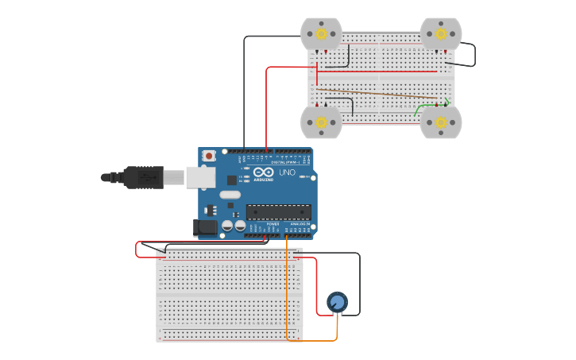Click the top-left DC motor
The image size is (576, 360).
click(321, 35)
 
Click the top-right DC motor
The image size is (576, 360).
click(441, 35)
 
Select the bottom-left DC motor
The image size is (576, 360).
click(321, 122)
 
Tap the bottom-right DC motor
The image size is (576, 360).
click(441, 122)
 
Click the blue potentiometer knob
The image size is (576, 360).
click(337, 302)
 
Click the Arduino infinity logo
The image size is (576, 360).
click(265, 172)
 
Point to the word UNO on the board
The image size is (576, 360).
click(286, 172)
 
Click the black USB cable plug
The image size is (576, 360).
click(143, 177)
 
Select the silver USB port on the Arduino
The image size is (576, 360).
click(201, 176)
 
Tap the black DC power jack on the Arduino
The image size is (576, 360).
click(206, 227)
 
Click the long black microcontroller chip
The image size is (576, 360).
click(278, 211)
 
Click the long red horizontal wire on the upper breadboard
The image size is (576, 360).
click(373, 72)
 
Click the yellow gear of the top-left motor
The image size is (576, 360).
click(321, 34)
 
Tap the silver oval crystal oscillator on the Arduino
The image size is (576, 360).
click(230, 195)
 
